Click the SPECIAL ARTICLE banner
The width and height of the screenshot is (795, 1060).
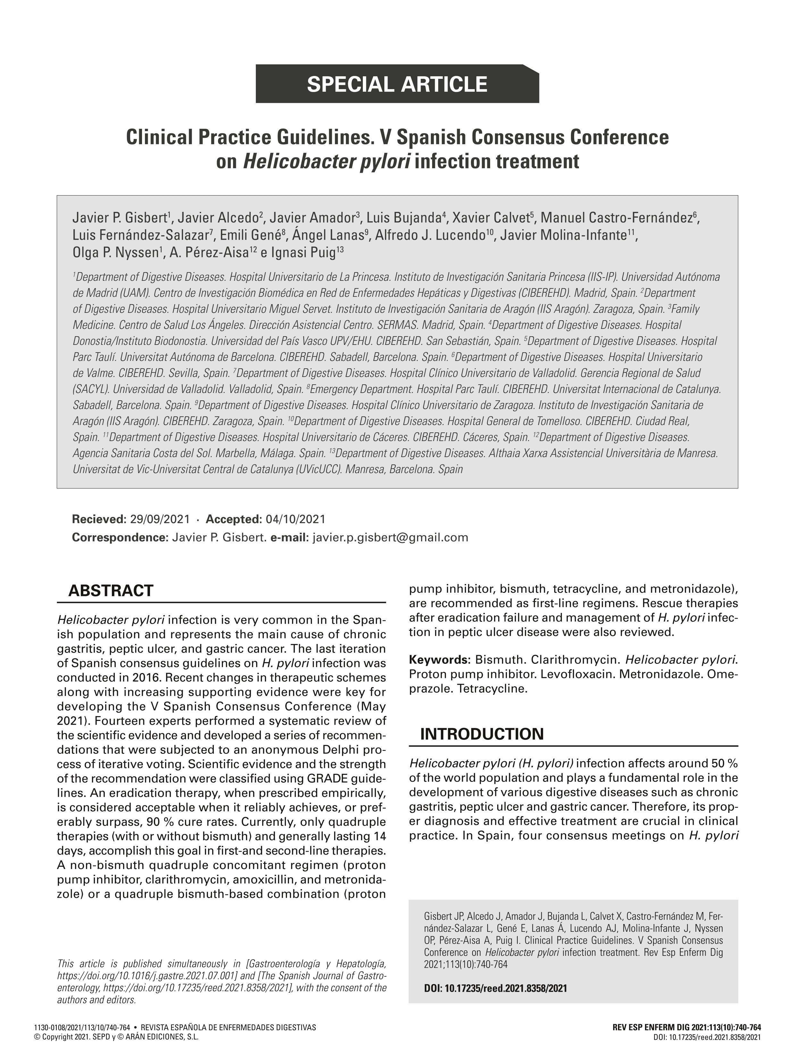(x=397, y=84)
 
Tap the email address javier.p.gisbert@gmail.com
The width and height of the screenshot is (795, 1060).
(x=390, y=537)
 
